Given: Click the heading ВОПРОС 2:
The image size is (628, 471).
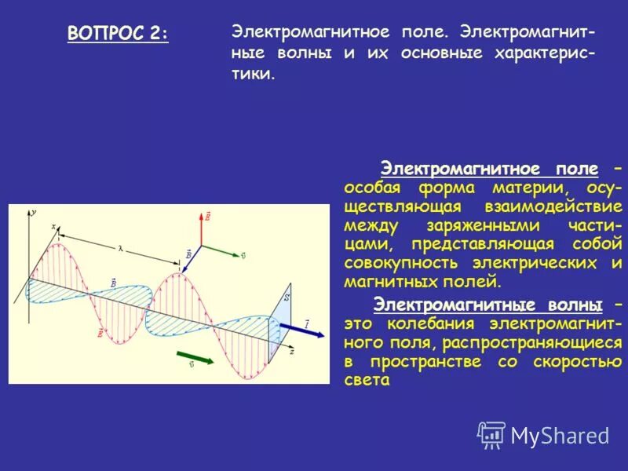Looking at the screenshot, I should (118, 34).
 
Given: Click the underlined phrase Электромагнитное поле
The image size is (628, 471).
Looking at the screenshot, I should (489, 170).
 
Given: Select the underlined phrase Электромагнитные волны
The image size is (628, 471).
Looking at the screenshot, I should (488, 305).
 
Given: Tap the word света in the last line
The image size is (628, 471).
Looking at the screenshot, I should (367, 380).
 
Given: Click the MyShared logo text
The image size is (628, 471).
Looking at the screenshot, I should (560, 434).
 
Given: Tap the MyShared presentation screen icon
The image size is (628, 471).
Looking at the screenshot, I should (491, 434).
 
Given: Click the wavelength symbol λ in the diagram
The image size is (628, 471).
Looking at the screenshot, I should (121, 248).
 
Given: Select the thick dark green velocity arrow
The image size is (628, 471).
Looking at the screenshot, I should (196, 356).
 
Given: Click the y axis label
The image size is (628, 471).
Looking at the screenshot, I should (33, 211).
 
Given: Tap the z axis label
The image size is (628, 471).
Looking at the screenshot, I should (291, 352).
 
